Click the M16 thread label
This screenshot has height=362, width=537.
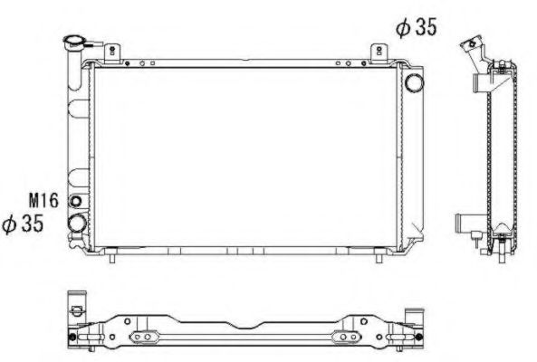[x=43, y=200]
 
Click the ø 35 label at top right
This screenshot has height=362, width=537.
[x=416, y=27]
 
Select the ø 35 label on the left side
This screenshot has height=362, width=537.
[x=24, y=224]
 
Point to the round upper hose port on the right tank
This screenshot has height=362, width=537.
[x=415, y=83]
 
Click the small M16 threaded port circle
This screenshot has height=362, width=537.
[x=76, y=201]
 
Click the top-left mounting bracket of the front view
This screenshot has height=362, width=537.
[x=110, y=53]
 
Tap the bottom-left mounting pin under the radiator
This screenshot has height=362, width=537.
[x=111, y=257]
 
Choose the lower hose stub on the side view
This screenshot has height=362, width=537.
[x=465, y=220]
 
